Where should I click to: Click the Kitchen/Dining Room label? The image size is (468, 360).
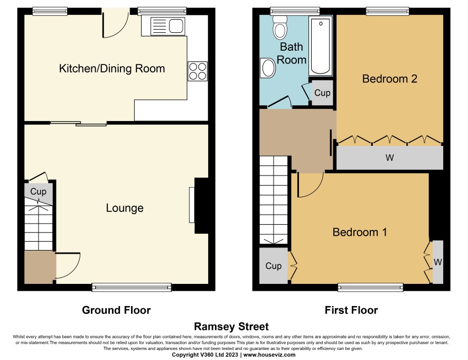112,68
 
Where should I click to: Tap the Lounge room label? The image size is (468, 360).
125,208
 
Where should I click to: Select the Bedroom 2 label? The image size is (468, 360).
389,79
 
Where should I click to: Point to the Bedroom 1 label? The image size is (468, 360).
360,232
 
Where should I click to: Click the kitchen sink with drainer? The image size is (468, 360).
167,26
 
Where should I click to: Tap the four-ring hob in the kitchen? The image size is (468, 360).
198,71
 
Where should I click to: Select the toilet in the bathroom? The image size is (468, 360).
280,27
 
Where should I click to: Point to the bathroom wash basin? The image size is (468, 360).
268,68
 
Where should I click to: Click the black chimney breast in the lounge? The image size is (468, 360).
202,206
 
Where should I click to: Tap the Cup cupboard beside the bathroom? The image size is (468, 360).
322,93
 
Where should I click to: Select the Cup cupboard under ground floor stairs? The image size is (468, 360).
39,193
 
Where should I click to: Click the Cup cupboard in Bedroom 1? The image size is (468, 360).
274,265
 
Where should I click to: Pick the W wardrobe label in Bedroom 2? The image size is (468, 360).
389,158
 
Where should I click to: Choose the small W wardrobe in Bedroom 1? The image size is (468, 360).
437,262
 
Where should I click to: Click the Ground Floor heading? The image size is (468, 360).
116,310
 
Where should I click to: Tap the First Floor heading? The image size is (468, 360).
351,310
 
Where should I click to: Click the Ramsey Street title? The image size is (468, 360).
231,327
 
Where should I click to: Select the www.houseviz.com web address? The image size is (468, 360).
269,355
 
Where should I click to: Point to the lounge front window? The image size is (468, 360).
132,287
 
